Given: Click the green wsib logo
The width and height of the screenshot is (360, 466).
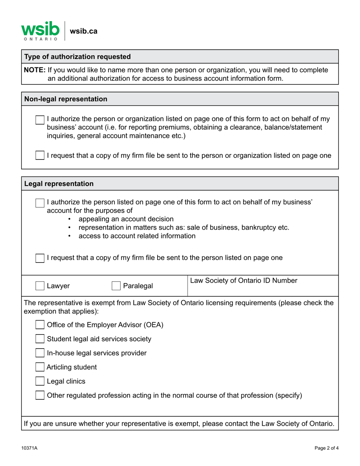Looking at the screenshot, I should click(x=40, y=31).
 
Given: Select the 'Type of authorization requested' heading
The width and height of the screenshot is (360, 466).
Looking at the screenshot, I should click(x=77, y=57).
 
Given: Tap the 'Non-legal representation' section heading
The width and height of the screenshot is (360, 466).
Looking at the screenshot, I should click(x=66, y=99).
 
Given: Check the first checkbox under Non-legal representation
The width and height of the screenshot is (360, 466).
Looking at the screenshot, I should click(x=40, y=120).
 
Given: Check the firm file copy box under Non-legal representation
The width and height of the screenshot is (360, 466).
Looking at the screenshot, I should click(x=40, y=155).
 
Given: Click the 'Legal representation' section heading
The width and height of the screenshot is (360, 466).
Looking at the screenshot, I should click(x=59, y=184).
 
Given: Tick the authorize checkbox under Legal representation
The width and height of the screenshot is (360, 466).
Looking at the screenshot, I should click(x=40, y=203).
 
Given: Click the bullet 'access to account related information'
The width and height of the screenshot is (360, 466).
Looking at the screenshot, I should click(x=137, y=236).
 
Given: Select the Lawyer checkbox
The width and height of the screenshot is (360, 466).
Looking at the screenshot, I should click(x=40, y=286).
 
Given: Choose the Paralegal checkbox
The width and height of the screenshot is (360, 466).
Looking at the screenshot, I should click(x=116, y=286).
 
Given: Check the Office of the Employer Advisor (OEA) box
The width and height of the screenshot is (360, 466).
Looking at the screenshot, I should click(x=40, y=325).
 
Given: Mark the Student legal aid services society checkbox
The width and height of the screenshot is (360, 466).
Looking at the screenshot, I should click(x=40, y=339).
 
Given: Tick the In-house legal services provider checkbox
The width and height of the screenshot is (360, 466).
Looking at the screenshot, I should click(x=40, y=353).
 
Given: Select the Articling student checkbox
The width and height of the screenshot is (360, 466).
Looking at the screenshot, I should click(x=40, y=367).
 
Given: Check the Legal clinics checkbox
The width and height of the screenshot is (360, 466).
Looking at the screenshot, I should click(x=40, y=381).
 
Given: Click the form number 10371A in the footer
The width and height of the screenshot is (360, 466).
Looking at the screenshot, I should click(x=29, y=448).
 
